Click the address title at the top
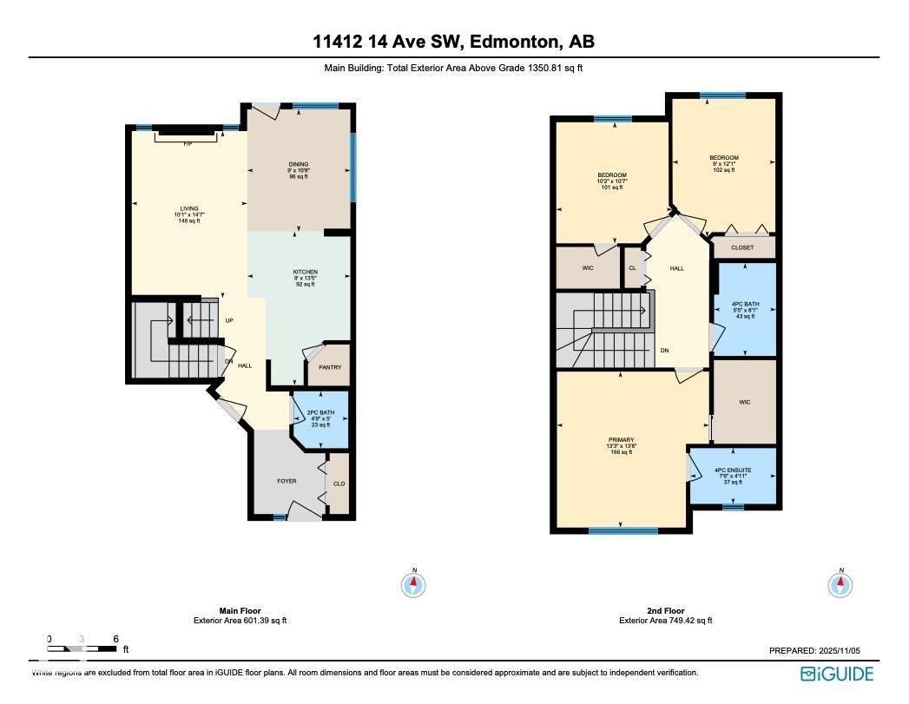[x=454, y=42]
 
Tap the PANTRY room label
[x=329, y=367]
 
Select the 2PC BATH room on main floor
[x=320, y=418]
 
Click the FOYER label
[x=287, y=481]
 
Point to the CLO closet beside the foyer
[x=339, y=484]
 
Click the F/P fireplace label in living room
[x=187, y=143]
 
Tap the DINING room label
[x=299, y=164]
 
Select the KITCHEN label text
[x=305, y=272]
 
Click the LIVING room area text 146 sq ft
[x=189, y=221]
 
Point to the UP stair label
[x=229, y=320]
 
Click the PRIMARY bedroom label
[x=622, y=440]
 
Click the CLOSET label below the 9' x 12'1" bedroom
[x=742, y=247]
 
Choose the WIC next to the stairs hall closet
[x=587, y=268]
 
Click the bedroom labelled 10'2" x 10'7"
[x=612, y=181]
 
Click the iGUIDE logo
[x=837, y=674]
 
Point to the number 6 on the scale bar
[x=115, y=639]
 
